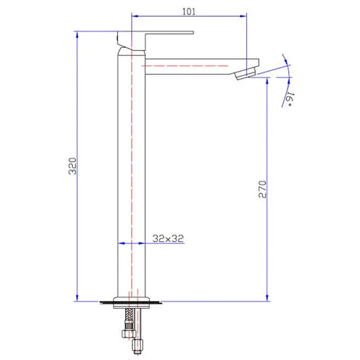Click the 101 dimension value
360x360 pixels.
point(188,11)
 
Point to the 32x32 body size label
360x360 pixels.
point(168,238)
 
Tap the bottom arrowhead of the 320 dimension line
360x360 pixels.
point(77,297)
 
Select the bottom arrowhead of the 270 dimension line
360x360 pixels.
point(267,297)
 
